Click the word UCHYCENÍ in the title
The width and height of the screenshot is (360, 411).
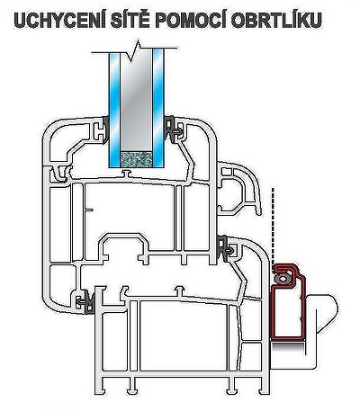(x=59, y=21)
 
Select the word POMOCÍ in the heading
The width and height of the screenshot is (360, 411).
(x=190, y=20)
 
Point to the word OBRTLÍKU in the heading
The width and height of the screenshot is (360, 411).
(x=276, y=21)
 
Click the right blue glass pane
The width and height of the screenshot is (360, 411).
(x=158, y=108)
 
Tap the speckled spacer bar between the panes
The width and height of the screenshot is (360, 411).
(x=137, y=159)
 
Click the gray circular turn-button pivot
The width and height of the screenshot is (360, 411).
(x=283, y=279)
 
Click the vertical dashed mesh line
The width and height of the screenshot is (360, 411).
(x=273, y=225)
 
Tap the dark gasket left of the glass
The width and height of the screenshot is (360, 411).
(x=105, y=130)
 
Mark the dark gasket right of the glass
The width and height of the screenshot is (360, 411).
(x=168, y=130)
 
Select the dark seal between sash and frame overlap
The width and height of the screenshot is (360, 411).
(x=222, y=248)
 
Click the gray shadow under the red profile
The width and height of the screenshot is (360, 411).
(x=287, y=344)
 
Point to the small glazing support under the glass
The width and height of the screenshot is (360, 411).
(x=128, y=174)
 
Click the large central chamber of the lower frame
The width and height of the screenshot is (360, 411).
(x=184, y=335)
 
